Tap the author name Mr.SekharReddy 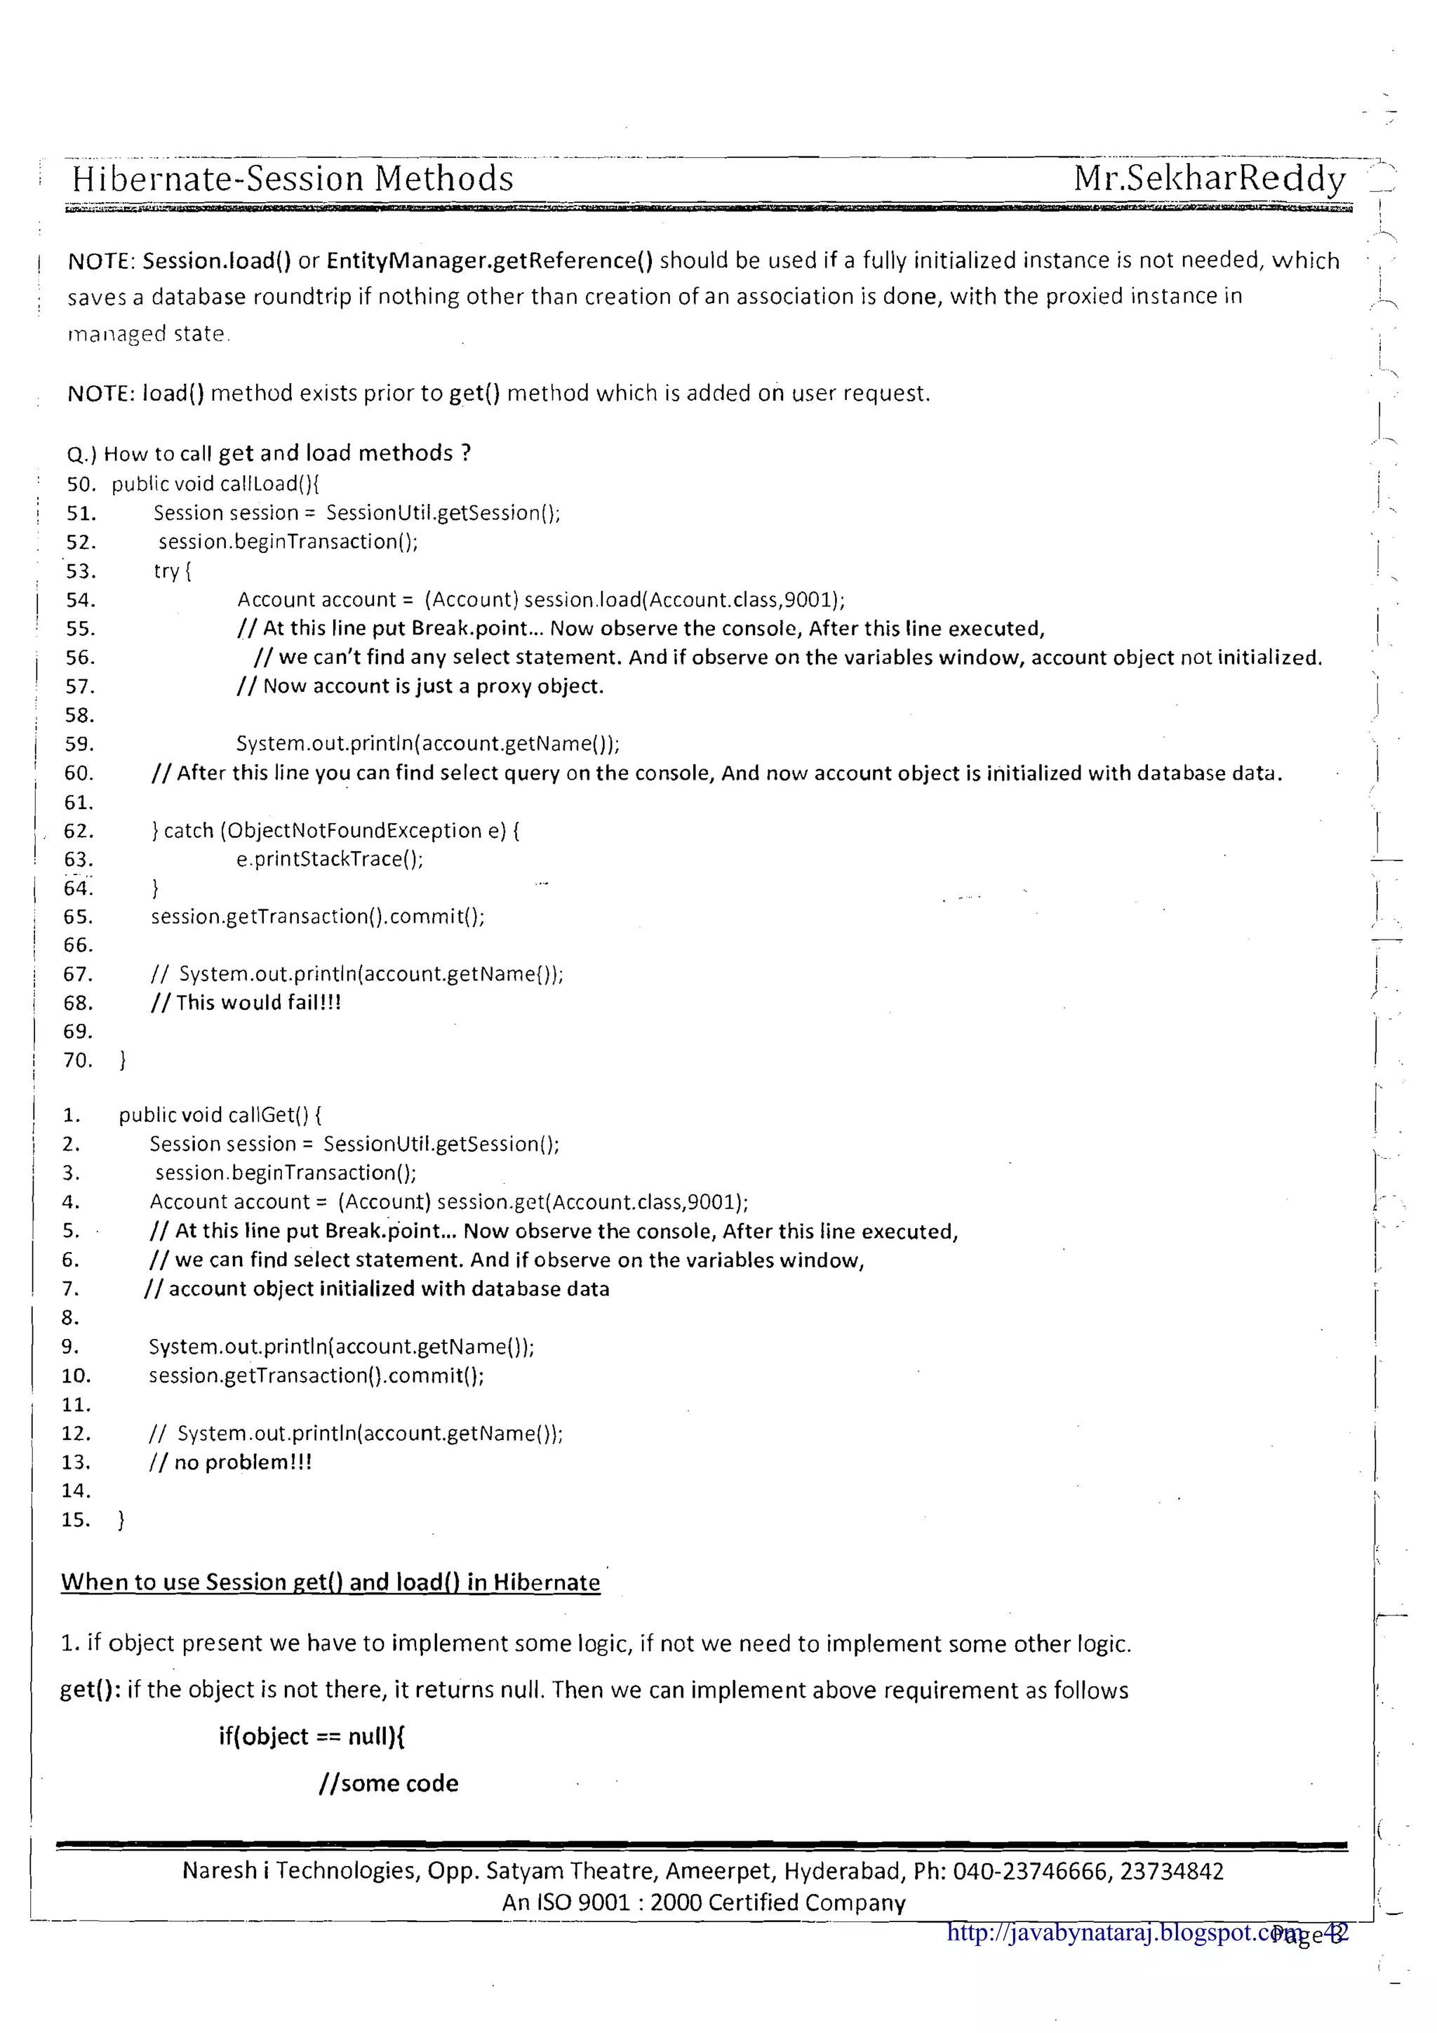[1210, 178]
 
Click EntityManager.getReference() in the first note [490, 260]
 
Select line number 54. [81, 600]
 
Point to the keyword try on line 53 [166, 571]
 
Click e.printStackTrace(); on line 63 [329, 859]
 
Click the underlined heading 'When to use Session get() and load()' [330, 1582]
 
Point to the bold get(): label [91, 1691]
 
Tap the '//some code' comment [389, 1783]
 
